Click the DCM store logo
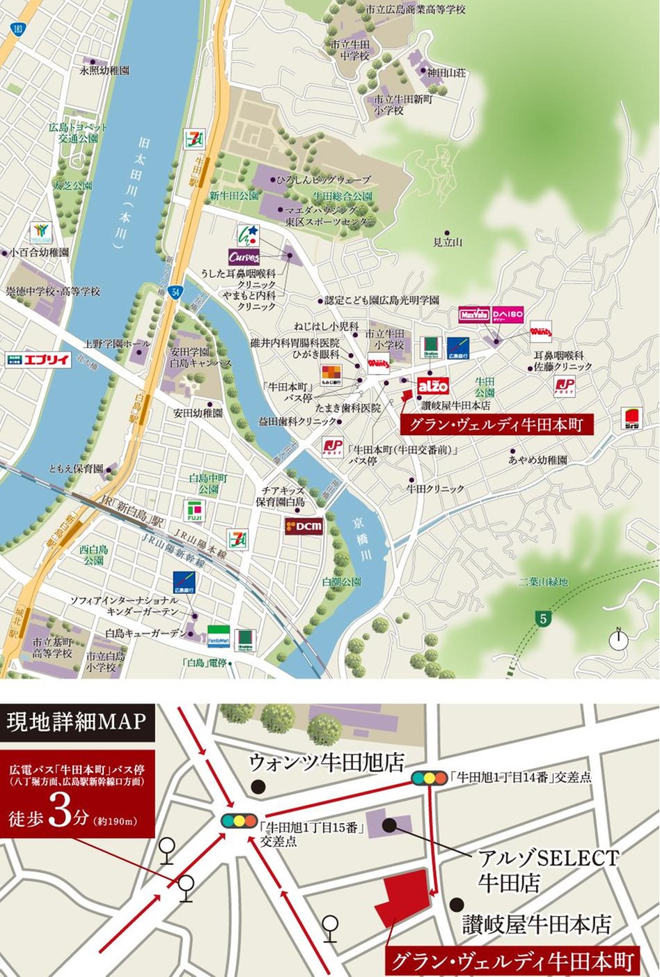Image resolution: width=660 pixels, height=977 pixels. (304, 526)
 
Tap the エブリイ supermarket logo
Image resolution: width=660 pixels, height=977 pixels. (38, 359)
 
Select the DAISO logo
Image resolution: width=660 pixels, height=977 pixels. (508, 315)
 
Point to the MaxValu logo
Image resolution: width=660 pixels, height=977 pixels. (474, 315)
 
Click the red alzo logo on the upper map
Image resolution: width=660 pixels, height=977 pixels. (433, 385)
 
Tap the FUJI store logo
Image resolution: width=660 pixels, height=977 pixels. (194, 512)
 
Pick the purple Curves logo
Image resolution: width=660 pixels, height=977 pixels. (244, 257)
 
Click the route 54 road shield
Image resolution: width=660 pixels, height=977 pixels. (177, 292)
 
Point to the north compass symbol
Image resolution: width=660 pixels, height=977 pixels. (618, 639)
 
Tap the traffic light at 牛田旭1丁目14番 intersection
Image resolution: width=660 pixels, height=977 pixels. (430, 778)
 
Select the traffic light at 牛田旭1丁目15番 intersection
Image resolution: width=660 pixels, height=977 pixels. (239, 820)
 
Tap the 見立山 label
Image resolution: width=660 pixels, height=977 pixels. (448, 242)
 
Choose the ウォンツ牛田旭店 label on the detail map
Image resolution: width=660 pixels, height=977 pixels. (327, 763)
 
